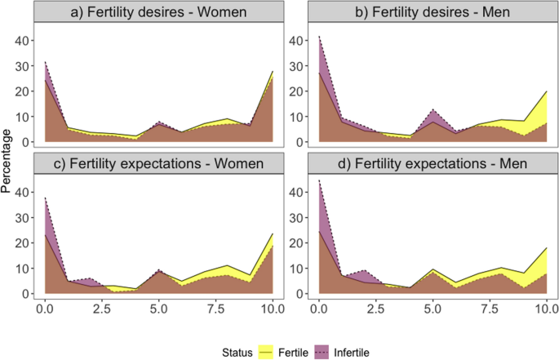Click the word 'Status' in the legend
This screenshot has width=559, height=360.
205,351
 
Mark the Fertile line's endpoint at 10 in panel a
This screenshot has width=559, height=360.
272,72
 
